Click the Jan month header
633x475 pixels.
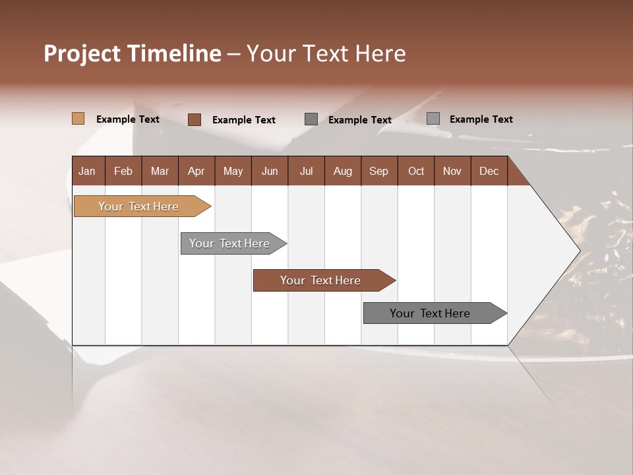[x=87, y=171]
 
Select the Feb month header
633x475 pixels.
[x=123, y=171]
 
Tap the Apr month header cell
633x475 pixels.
[x=196, y=171]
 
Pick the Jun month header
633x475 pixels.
[x=270, y=171]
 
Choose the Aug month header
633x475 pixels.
[x=343, y=171]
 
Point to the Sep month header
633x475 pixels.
[x=379, y=171]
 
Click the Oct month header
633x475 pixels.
[x=416, y=171]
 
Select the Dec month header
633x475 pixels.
[x=489, y=171]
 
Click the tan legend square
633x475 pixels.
[x=78, y=119]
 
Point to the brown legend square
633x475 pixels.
[x=195, y=119]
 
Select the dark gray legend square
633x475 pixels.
[x=311, y=119]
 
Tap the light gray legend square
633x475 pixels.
[x=433, y=119]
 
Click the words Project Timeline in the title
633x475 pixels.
[x=132, y=53]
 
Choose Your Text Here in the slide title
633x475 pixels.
[x=326, y=53]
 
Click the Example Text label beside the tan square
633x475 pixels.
[x=128, y=119]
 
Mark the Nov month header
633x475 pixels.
[x=452, y=171]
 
